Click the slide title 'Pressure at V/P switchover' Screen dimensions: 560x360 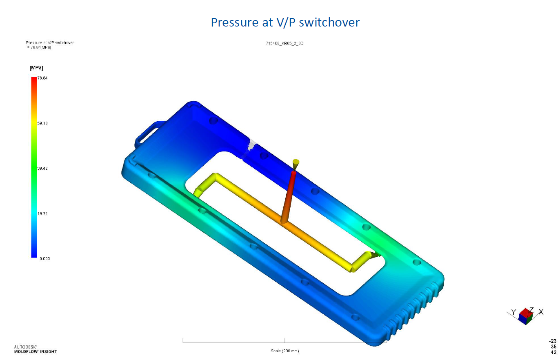(x=285, y=22)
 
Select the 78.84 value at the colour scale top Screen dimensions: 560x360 (x=42, y=78)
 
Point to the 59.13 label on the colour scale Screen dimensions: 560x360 (x=42, y=123)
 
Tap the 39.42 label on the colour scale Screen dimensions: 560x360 (x=42, y=168)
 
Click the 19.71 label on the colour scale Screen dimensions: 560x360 (x=42, y=213)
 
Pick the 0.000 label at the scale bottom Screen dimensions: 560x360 (x=45, y=258)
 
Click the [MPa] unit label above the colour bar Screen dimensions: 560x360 (x=36, y=68)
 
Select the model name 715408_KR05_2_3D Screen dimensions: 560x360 (x=284, y=43)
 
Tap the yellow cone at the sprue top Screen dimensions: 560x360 (x=296, y=164)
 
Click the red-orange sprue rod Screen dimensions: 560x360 (x=288, y=197)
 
